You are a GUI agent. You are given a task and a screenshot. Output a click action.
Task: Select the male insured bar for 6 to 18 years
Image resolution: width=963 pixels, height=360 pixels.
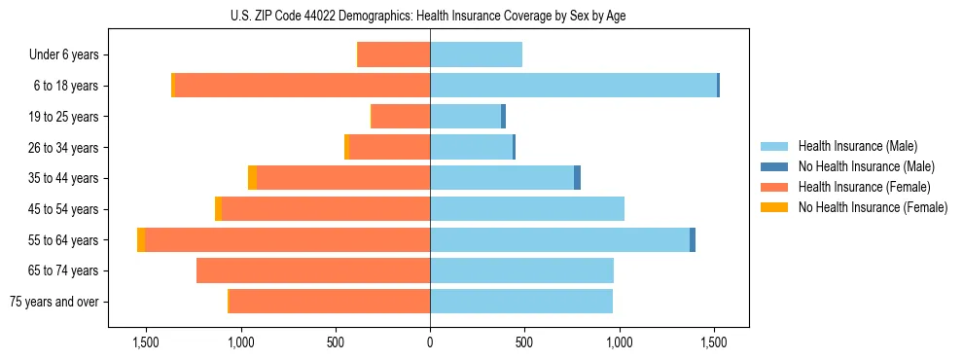coord(573,86)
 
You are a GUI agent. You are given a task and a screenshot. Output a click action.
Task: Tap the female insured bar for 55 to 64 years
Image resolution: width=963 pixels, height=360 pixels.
coord(287,239)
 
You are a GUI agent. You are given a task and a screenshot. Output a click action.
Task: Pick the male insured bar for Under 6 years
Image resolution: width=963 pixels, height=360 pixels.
coord(476,54)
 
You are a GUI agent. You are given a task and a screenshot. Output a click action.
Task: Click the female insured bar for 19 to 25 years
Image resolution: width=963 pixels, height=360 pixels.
coord(401,117)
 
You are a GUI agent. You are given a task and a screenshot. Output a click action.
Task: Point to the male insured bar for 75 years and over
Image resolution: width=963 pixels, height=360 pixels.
coord(521,302)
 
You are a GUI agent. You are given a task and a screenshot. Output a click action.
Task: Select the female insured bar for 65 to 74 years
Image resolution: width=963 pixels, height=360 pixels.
coord(313,270)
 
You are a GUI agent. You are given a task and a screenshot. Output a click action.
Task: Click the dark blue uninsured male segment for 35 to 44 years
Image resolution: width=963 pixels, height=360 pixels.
coord(577,178)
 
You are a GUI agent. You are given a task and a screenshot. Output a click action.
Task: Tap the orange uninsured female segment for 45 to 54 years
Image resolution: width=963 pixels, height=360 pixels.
coord(219,209)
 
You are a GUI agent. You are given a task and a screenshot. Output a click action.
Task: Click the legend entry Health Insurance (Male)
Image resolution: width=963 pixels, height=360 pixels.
coord(857,146)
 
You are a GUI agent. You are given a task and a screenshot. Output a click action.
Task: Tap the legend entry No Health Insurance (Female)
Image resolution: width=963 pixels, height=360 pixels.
coord(873,207)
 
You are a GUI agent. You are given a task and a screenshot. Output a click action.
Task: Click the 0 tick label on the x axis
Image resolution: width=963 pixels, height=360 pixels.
coord(430,342)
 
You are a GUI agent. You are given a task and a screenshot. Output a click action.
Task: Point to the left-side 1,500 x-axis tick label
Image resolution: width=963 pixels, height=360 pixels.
coord(146,342)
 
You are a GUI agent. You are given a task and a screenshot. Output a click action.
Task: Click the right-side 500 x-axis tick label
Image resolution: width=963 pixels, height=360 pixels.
coord(524,342)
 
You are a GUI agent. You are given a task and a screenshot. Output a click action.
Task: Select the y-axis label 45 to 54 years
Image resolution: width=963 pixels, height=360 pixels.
coord(64,209)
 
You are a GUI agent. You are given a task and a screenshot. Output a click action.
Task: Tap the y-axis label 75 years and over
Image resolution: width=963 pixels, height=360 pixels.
coord(54,302)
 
